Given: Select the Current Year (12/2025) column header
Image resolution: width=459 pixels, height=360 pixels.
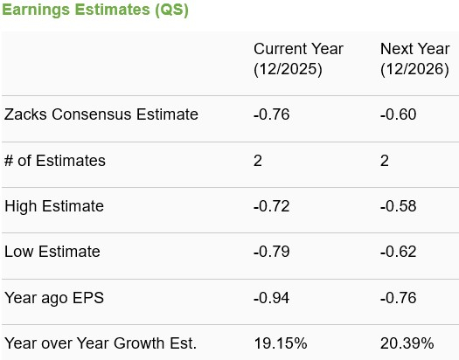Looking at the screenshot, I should pos(298,59).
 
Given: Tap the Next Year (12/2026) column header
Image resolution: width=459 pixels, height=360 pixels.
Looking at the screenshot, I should pos(414,59).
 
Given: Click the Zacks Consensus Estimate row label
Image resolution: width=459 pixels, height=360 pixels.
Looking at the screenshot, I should pos(101,114).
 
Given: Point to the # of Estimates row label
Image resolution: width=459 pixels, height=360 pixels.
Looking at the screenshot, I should pos(55,161).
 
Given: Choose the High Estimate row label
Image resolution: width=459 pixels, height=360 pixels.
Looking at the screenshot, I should pos(54,206).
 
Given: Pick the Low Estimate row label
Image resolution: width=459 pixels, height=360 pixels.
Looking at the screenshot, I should pos(52,252).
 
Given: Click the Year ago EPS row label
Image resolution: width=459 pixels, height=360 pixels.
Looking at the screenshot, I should pos(54,298).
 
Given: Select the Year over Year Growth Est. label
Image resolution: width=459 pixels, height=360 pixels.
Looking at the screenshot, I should pos(101,343).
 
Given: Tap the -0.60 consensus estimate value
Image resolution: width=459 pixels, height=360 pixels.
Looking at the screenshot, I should pos(398,114).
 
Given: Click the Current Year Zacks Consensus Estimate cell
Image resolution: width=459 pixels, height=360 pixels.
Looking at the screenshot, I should pos(271,114).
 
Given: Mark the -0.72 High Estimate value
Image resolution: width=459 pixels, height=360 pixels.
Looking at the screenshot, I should pos(271,206).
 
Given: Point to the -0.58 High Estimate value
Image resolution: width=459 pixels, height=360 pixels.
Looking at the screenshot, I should pos(398,206).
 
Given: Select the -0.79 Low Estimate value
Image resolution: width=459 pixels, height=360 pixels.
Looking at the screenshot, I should pos(271,252).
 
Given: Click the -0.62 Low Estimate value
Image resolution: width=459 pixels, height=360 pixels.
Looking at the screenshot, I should pos(398,252).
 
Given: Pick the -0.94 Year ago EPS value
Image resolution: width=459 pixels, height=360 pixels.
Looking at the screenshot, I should pos(271,298).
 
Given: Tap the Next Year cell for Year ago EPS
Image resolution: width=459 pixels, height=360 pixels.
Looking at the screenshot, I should pos(398,298).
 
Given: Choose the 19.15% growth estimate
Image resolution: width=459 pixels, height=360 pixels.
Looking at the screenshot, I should pos(280,343).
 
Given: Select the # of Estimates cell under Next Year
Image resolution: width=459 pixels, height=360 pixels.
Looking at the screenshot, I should pos(385,161).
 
